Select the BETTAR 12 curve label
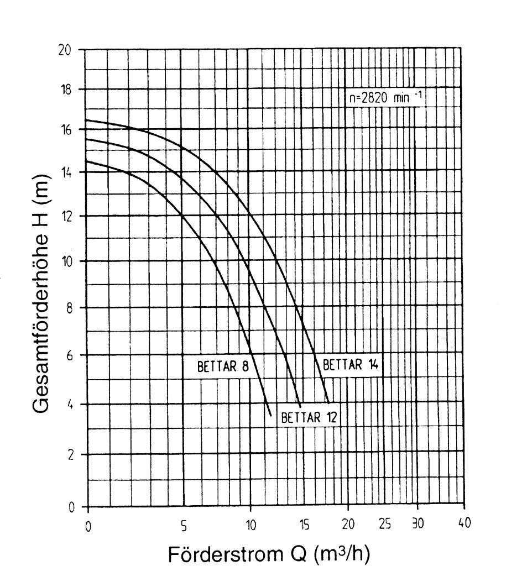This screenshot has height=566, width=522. click(309, 417)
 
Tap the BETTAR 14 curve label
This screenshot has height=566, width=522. click(349, 365)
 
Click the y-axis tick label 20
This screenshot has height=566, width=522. click(65, 50)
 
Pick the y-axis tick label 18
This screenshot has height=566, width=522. click(66, 90)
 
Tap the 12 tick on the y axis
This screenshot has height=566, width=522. click(66, 216)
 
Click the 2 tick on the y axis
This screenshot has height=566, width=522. click(70, 455)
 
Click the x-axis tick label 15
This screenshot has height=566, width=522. click(304, 525)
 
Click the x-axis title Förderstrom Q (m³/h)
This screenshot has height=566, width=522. click(269, 553)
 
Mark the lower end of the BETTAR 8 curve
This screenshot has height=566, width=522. click(271, 415)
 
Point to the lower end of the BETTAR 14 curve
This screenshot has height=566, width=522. click(328, 402)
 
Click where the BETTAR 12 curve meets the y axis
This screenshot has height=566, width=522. click(86, 139)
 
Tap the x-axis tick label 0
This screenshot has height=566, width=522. click(88, 526)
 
